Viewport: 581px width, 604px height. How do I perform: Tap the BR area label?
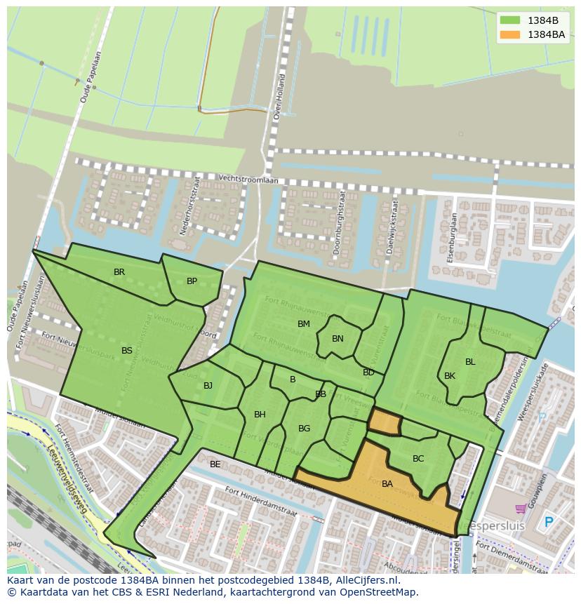coord(119,272)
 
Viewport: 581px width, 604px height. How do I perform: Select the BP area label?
coord(192,281)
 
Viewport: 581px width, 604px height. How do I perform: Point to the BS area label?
coord(126,351)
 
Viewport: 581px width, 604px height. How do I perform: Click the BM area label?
coord(303,324)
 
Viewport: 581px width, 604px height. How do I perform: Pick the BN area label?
coord(338,339)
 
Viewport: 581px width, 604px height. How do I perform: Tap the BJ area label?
coord(208,386)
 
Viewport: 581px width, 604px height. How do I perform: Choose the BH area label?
coord(260,415)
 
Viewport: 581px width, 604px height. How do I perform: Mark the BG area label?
coord(304,429)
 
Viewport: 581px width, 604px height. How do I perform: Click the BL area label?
coord(470,362)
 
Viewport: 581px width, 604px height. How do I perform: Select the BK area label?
coord(450,376)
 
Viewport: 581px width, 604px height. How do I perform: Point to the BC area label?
coord(418,459)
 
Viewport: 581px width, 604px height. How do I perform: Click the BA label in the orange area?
coord(387,484)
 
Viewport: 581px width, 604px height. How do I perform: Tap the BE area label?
coord(215,464)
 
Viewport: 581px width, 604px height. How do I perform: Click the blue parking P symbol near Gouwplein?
coord(549,523)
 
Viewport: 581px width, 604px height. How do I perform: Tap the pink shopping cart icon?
coord(521,509)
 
